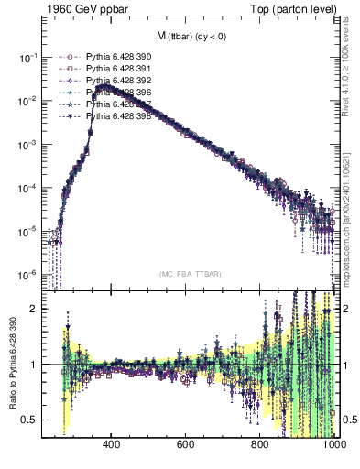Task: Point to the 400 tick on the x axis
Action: point(112,444)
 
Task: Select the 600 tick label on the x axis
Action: point(186,444)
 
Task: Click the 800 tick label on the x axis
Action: point(260,444)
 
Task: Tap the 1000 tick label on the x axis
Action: point(332,444)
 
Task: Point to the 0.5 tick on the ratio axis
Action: point(30,420)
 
